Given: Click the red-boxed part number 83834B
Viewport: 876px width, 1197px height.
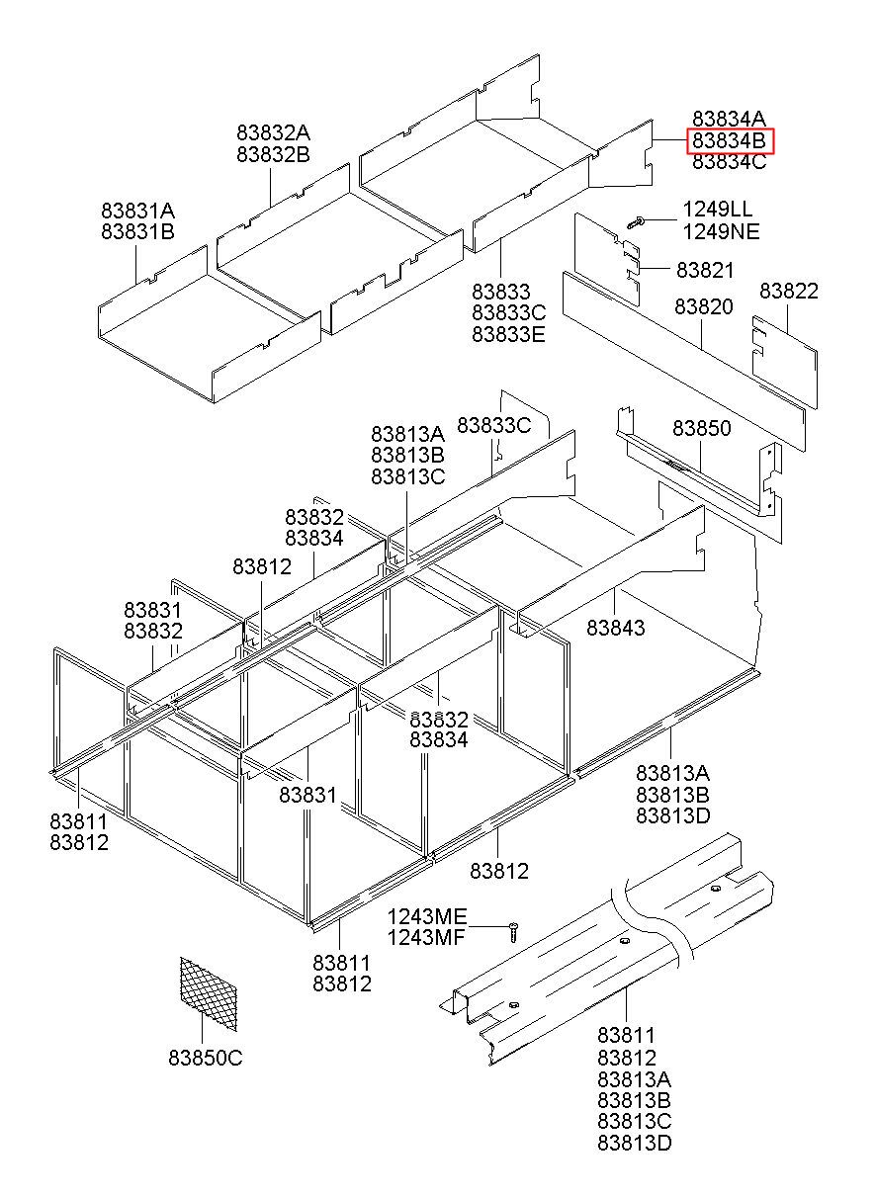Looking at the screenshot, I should pos(730,140).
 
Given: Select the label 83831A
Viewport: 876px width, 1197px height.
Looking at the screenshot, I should pos(137,211).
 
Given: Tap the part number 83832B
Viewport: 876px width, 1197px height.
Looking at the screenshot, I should pos(273,154).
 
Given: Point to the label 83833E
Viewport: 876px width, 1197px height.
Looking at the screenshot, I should pos(508,334).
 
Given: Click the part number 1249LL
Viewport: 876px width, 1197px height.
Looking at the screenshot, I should pos(717,210).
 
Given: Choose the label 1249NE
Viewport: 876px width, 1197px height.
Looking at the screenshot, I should pos(721,231).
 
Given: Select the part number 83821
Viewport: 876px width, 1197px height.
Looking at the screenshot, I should pos(705,270).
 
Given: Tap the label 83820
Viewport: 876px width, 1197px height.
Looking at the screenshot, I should pos(704,307).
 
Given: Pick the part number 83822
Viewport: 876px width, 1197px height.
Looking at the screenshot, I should pos(789,291).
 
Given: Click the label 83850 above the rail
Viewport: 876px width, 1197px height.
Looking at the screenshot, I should pos(702,428).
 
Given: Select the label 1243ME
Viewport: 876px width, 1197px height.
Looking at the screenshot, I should pos(426,916).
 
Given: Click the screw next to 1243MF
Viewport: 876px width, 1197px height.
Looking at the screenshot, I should pos(514,931).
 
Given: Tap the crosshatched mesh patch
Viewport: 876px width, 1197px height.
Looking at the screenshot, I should pos(209,986).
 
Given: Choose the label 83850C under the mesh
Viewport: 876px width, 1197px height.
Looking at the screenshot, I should pos(205,1058).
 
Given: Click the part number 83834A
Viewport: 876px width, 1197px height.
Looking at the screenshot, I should pos(730,119).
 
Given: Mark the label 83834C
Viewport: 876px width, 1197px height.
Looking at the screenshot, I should pos(730,162).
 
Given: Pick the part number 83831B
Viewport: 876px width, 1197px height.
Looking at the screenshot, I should pos(137,232).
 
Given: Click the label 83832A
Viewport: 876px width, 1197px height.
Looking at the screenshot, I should pos(273,132).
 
